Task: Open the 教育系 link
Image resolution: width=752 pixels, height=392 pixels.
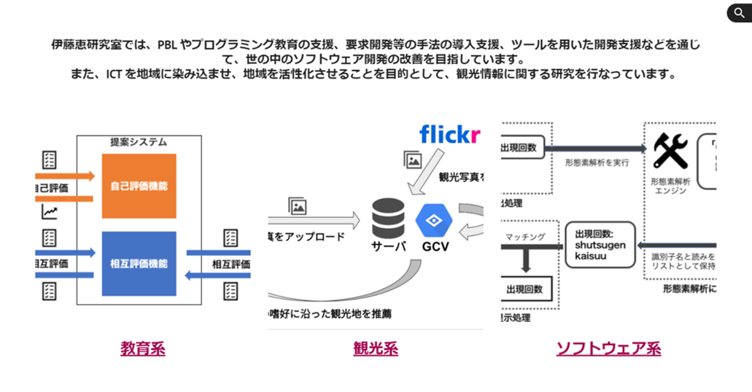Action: [x=143, y=348]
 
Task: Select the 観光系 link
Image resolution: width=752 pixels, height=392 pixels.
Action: [x=376, y=348]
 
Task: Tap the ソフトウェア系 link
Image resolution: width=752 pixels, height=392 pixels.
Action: [x=608, y=348]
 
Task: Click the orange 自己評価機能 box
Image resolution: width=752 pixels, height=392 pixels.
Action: [x=139, y=186]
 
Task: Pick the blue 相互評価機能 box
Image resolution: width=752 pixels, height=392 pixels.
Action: [x=139, y=263]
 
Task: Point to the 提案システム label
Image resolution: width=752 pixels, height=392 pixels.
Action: [x=139, y=142]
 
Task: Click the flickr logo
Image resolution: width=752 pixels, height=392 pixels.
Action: [x=450, y=134]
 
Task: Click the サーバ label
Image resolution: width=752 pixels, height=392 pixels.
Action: [x=387, y=246]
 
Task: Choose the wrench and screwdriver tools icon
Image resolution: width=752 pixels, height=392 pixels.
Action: [x=666, y=152]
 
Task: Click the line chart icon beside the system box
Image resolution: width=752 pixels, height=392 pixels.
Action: [x=50, y=212]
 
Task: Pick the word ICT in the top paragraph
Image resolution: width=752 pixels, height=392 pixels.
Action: [x=106, y=74]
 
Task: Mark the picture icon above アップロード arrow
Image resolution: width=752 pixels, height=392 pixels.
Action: [x=297, y=206]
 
